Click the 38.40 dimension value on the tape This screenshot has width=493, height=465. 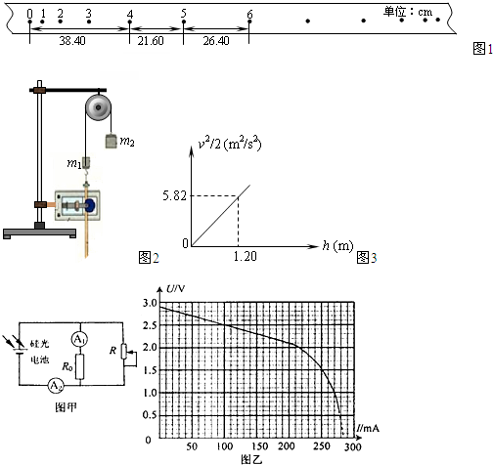coord(72,41)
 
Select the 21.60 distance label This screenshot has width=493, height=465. coord(151,41)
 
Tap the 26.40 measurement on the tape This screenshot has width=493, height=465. coord(216,41)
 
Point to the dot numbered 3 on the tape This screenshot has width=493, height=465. coord(89,21)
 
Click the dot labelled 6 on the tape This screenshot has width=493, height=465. coord(249,21)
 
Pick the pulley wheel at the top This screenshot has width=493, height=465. coord(98,106)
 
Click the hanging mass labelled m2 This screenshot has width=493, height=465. coord(111,141)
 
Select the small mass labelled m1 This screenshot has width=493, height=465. coord(86,162)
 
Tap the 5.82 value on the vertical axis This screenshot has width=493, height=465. coord(175,195)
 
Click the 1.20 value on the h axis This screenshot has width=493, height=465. coord(246,256)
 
